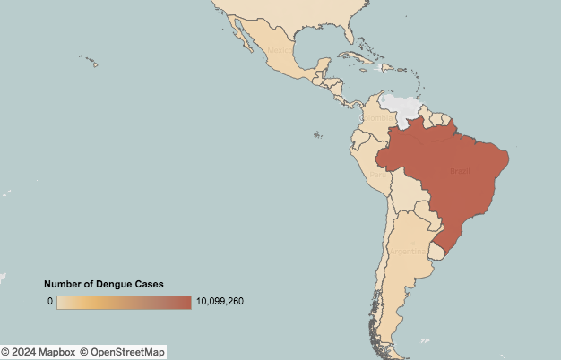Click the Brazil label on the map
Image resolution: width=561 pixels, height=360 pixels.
pyautogui.click(x=460, y=171)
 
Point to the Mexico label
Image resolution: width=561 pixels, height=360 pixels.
pyautogui.click(x=280, y=50)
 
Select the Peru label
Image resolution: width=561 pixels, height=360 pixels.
pyautogui.click(x=379, y=175)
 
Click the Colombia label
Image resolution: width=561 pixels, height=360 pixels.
pyautogui.click(x=377, y=117)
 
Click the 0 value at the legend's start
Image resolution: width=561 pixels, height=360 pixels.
pyautogui.click(x=50, y=302)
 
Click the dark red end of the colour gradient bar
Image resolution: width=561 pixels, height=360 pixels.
pyautogui.click(x=184, y=302)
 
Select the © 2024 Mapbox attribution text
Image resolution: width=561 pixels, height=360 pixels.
pyautogui.click(x=38, y=352)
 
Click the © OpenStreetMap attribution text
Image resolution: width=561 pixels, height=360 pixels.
pyautogui.click(x=124, y=352)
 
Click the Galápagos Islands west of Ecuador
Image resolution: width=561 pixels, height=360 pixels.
pyautogui.click(x=316, y=136)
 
